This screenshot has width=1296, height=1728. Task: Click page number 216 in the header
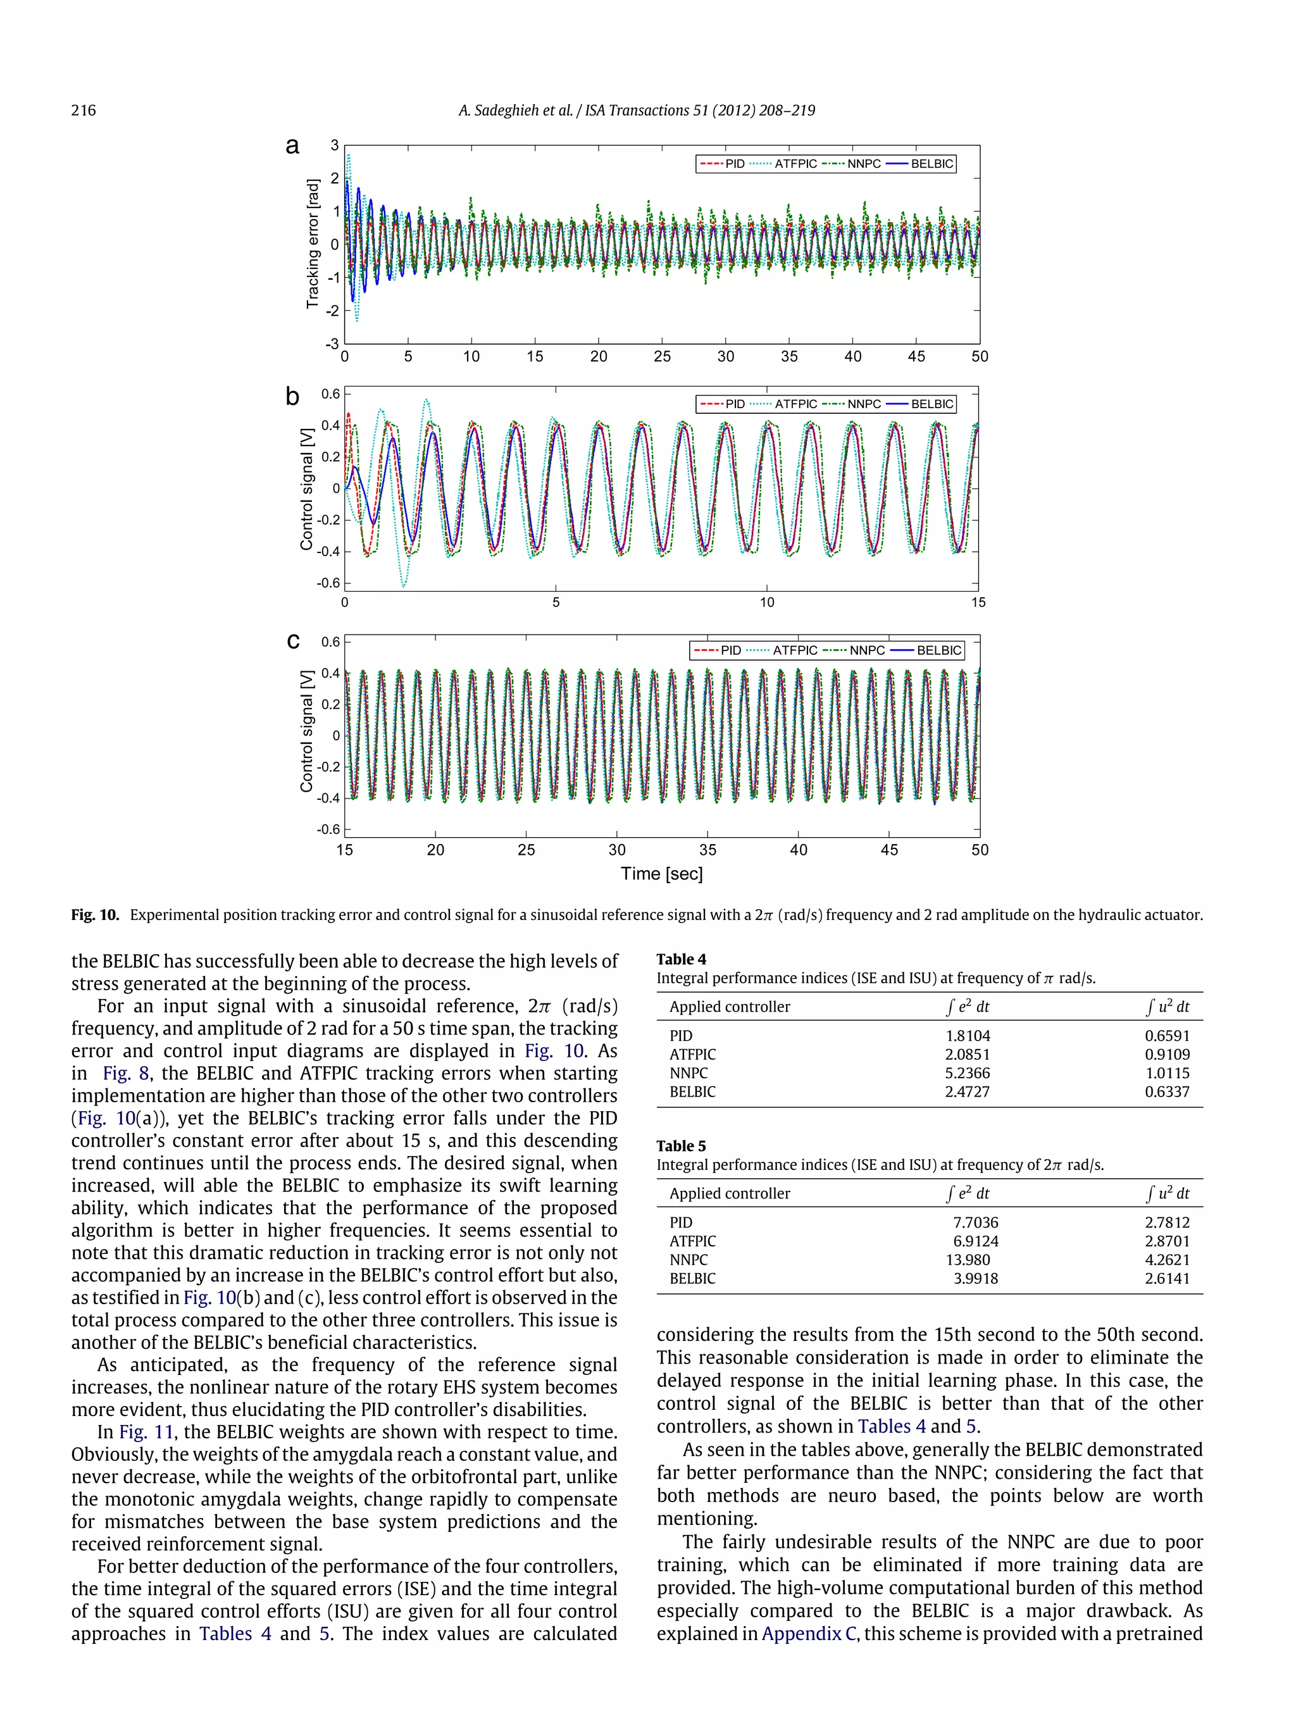84,110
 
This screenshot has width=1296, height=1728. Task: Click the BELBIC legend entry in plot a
931,164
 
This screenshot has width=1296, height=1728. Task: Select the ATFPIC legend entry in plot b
795,404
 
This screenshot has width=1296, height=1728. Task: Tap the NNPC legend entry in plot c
866,650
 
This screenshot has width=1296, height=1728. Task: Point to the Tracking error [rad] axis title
313,244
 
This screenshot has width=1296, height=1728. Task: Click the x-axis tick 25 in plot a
662,356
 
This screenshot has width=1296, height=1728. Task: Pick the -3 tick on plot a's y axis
333,344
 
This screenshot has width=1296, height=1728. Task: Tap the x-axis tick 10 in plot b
766,602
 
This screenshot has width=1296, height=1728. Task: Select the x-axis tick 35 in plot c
707,850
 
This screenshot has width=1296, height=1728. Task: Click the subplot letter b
292,397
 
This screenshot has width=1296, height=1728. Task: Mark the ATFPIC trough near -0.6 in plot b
403,585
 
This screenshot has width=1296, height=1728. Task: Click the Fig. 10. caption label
94,915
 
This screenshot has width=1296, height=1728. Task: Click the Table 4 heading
680,959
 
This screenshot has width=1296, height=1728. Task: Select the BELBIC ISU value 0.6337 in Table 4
1166,1091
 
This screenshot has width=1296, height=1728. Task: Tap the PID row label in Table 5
680,1222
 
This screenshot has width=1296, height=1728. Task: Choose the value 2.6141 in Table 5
1166,1278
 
